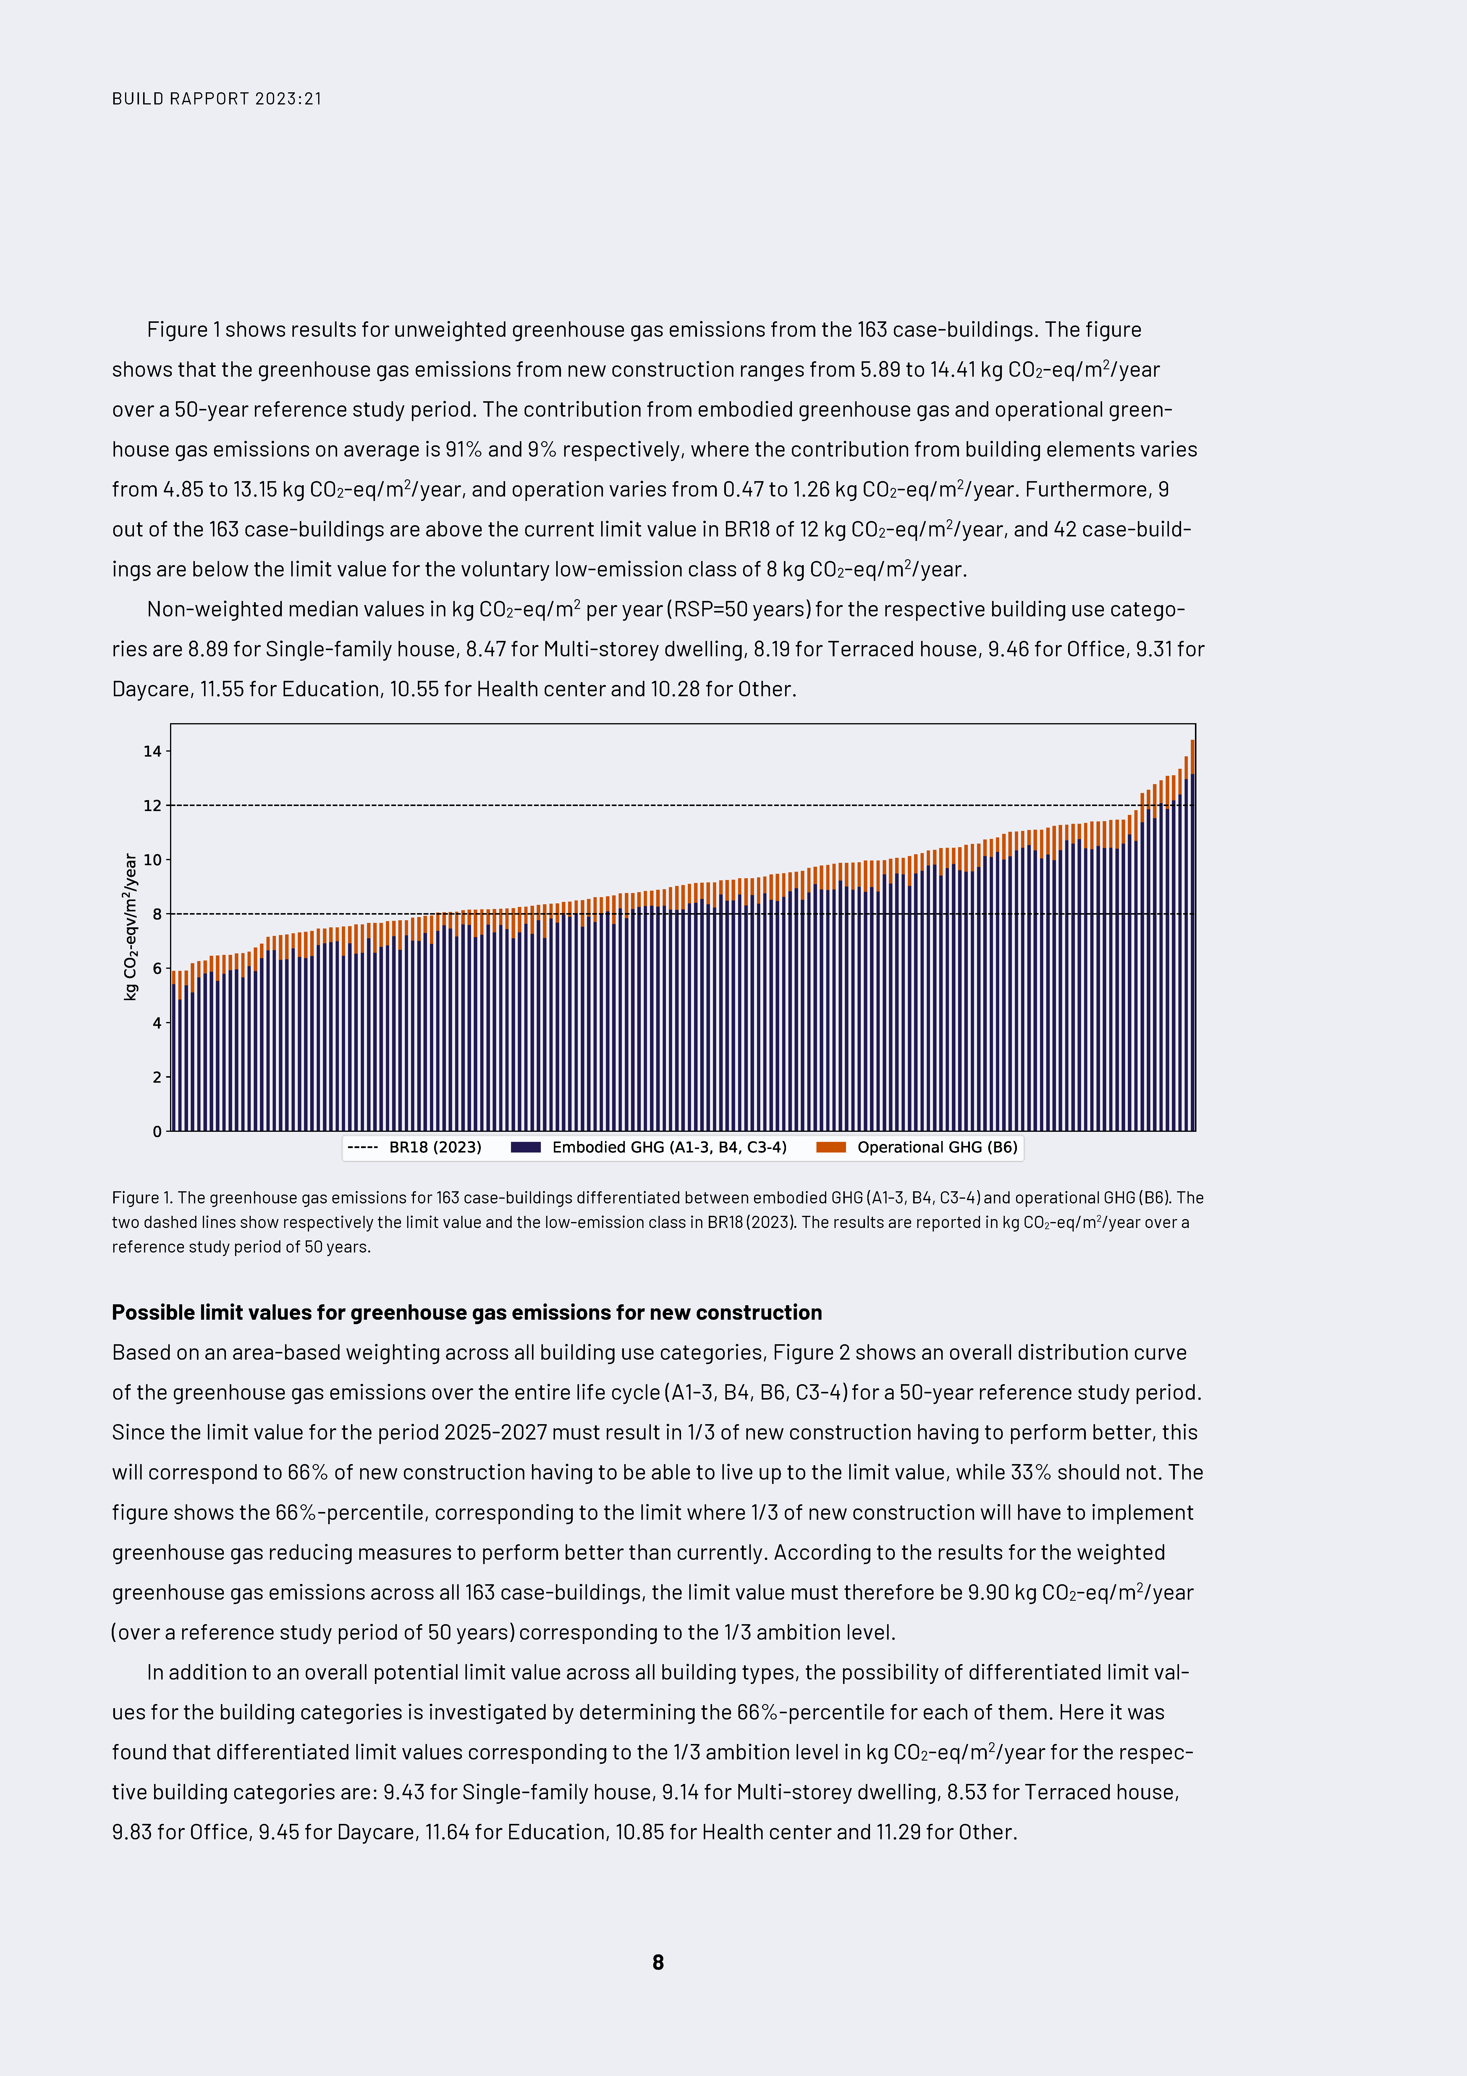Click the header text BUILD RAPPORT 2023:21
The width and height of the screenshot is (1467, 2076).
(217, 99)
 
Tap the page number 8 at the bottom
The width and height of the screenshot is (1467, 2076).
(658, 1961)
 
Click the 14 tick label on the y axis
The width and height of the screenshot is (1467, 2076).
(152, 751)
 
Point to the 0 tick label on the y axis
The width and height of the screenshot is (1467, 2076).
(157, 1131)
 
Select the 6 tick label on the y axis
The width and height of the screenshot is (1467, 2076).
(157, 968)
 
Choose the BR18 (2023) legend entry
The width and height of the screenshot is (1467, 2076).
(415, 1147)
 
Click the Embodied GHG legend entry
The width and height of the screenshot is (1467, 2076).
(649, 1147)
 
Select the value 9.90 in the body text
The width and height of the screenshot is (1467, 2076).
(988, 1592)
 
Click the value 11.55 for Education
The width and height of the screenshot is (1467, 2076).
(221, 689)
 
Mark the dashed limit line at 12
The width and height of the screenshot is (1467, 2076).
(633, 805)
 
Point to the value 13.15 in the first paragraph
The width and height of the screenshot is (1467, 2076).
(257, 489)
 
